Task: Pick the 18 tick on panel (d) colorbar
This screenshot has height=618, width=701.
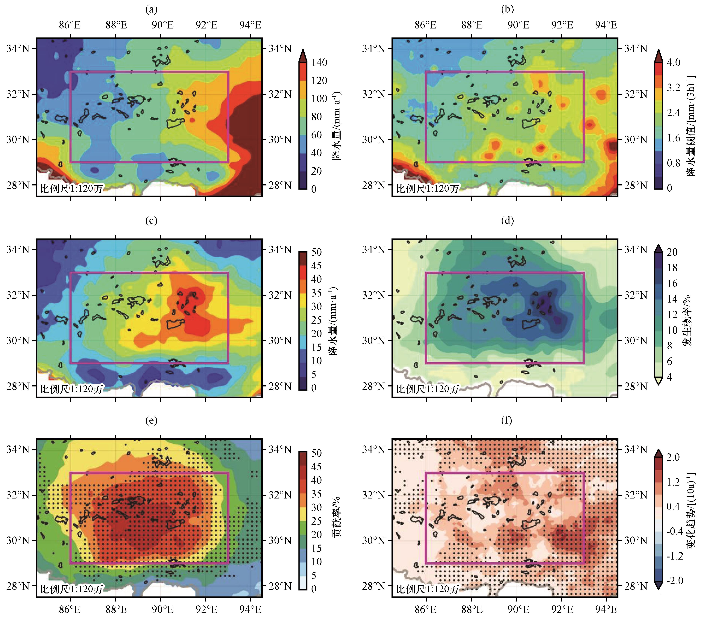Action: click(672, 268)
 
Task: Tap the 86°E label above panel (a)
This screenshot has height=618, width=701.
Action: click(70, 25)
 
